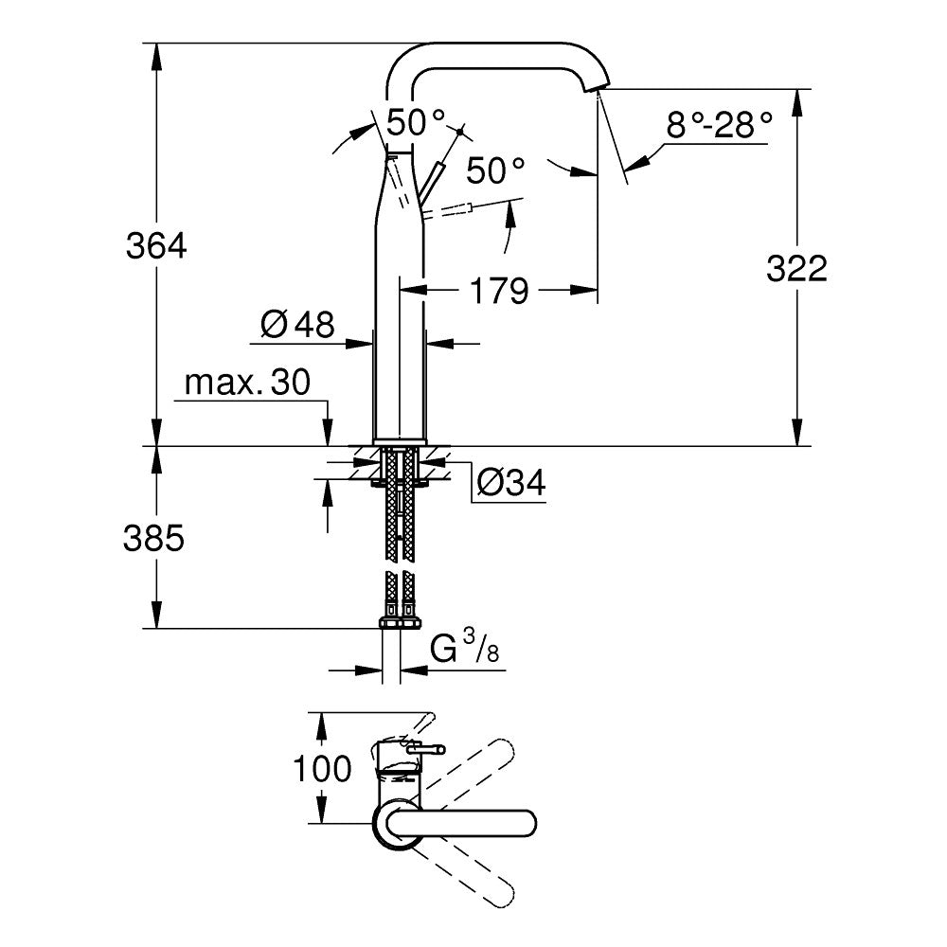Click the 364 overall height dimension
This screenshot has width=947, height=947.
coord(156,246)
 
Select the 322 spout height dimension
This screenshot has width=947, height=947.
coord(796,269)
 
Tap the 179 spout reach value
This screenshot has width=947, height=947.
coord(499,291)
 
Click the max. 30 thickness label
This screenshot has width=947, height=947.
coord(247,384)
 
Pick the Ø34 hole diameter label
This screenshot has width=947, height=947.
coord(510,483)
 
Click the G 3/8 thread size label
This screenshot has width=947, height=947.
coord(464,650)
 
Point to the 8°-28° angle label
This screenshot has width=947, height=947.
coord(719,125)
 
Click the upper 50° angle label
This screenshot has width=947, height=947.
coord(416,121)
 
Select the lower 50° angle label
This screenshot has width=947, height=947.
coord(495,170)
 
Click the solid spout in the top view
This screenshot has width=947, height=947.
coord(464,822)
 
